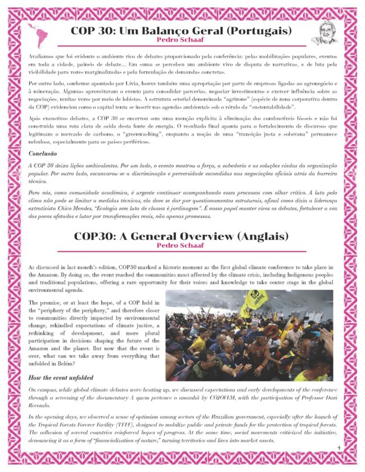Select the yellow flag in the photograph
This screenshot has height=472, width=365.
[x=256, y=301]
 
